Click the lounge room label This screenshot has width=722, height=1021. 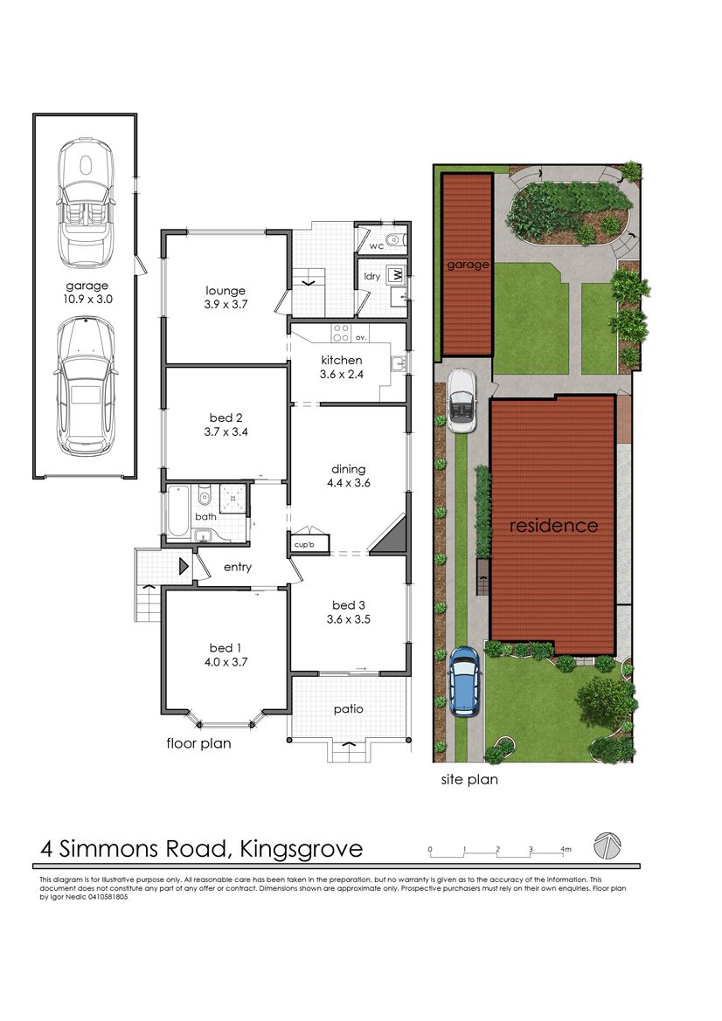pos(226,291)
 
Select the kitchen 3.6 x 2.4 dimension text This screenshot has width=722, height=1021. pos(342,375)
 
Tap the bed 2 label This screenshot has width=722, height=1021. pos(226,417)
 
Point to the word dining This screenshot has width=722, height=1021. pos(349,470)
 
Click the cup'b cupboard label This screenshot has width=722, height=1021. pos(304,544)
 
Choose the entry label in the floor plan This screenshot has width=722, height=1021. pos(237,567)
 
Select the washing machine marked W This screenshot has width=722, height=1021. pos(395,275)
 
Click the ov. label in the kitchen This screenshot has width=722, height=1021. pos(361,337)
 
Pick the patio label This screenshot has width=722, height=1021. pos(349,709)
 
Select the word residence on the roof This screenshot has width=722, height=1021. pos(554,526)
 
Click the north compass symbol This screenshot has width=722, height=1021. pos(607,845)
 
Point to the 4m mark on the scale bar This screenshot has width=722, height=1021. pos(566,849)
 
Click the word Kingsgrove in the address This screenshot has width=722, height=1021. pos(302,849)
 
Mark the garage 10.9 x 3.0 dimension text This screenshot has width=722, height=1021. pos(87,300)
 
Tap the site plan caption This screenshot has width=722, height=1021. pos(469,779)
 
